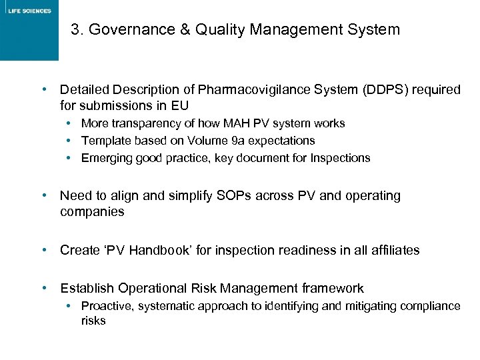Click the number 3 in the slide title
point(75,30)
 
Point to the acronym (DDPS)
point(387,90)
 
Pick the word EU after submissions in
point(180,105)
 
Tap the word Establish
point(87,289)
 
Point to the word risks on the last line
point(93,321)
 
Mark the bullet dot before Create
point(43,249)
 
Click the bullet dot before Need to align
point(43,195)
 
